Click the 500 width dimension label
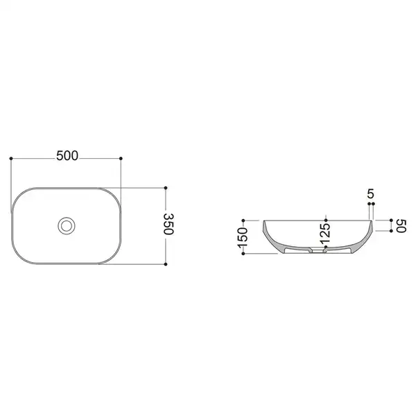[x=67, y=156]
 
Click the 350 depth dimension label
[x=168, y=224]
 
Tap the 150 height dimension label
[x=243, y=237]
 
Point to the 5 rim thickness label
[x=371, y=194]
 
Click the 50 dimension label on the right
[x=401, y=226]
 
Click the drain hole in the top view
[x=67, y=226]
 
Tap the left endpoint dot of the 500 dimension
[x=11, y=158]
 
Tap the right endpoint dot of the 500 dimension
[x=121, y=158]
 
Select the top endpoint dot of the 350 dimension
[x=166, y=188]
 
